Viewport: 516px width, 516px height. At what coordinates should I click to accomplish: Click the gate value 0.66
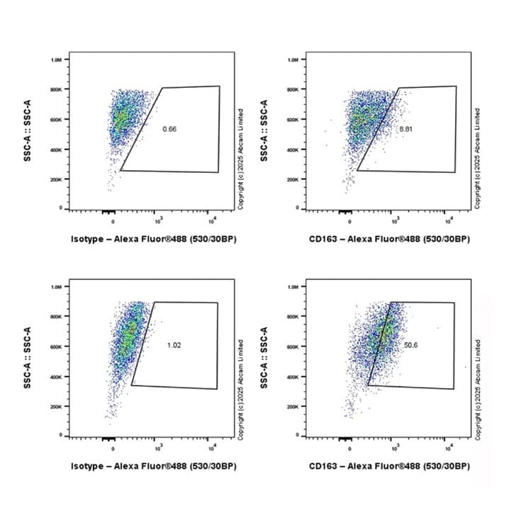169,129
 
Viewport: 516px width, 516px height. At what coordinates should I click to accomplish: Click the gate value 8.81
405,130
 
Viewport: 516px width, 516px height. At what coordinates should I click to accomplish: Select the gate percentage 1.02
174,345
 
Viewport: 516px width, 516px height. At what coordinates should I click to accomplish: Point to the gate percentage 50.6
410,345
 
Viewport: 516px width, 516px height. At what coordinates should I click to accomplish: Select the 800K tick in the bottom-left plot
56,316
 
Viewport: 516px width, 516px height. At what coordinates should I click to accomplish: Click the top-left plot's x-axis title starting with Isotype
153,239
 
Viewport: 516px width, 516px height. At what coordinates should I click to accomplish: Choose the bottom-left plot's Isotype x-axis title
153,466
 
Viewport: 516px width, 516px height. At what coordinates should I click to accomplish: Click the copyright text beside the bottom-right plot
478,386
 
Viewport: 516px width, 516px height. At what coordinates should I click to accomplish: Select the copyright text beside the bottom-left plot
241,386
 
